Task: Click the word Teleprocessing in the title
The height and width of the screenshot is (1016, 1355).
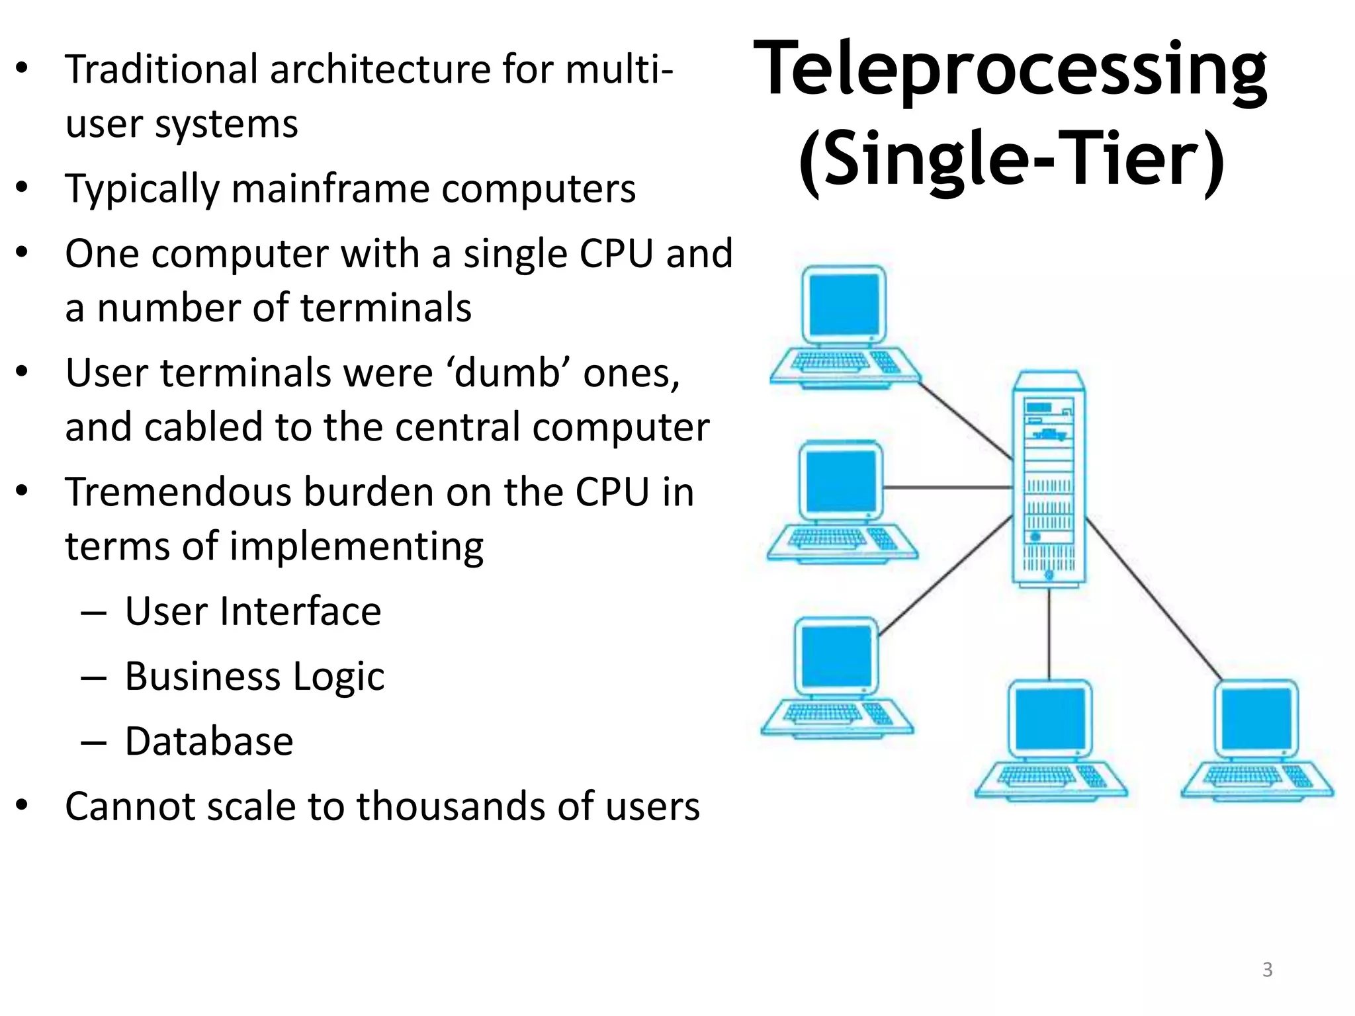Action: point(1010,69)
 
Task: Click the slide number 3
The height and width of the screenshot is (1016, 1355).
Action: point(1267,969)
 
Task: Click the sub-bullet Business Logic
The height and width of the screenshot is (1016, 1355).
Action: point(254,676)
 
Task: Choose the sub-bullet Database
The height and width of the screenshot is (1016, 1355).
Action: point(208,741)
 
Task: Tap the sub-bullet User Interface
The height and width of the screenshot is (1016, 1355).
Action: point(253,611)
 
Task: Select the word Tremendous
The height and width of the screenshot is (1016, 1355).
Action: point(178,493)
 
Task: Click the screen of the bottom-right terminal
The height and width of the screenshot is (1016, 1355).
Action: point(1255,718)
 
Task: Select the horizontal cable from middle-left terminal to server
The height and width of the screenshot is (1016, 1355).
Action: point(947,487)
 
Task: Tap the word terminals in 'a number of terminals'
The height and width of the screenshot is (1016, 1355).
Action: point(385,308)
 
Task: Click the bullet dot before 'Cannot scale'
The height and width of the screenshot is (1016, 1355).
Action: point(22,805)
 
